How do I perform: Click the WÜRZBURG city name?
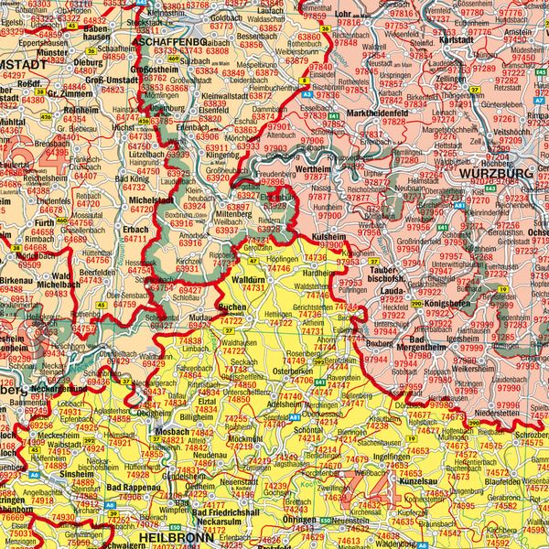(496, 173)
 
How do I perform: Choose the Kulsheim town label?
(328, 236)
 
